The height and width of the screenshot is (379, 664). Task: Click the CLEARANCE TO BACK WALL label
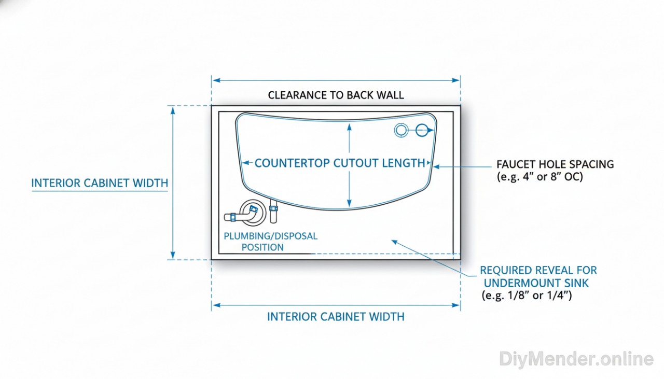click(336, 95)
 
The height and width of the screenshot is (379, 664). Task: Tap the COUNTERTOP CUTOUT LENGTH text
click(340, 163)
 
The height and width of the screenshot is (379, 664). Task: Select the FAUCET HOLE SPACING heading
click(555, 164)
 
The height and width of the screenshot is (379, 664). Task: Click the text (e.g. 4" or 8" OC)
click(540, 177)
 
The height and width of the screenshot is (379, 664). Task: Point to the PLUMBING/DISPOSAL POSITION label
click(270, 242)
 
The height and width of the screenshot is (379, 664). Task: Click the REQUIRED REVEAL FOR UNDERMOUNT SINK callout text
click(538, 277)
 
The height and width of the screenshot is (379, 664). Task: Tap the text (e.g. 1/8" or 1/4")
click(527, 296)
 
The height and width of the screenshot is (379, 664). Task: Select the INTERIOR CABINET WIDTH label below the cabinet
click(336, 316)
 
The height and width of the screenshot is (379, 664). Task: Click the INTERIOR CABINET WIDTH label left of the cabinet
click(100, 183)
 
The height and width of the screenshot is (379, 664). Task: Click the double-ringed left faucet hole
click(401, 131)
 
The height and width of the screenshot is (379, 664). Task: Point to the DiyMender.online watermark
click(576, 359)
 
